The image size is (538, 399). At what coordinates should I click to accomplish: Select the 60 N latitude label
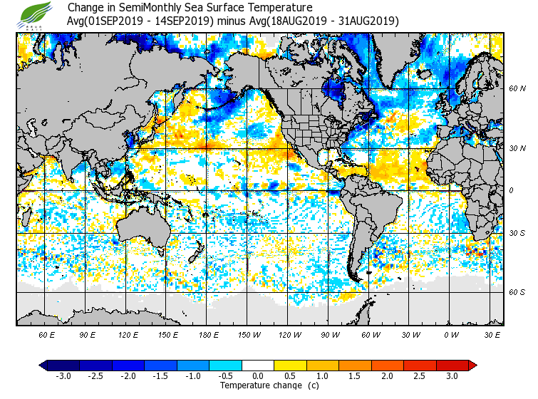(x=517, y=88)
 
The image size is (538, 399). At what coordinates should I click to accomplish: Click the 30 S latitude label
(x=517, y=234)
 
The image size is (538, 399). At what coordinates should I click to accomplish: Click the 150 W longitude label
(x=249, y=335)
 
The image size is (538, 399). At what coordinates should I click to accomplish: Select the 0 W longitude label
(x=450, y=335)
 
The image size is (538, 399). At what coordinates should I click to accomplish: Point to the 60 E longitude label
(x=47, y=335)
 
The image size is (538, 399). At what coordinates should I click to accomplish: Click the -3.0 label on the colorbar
(x=63, y=376)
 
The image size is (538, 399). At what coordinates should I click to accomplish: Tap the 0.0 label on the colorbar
(x=259, y=376)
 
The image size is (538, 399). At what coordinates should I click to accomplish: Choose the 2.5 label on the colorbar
(x=420, y=376)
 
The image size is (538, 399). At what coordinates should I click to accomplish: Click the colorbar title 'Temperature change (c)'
(x=259, y=385)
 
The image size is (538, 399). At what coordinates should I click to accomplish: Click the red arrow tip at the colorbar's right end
(x=472, y=366)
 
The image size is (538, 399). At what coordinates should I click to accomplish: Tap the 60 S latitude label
(x=517, y=292)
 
